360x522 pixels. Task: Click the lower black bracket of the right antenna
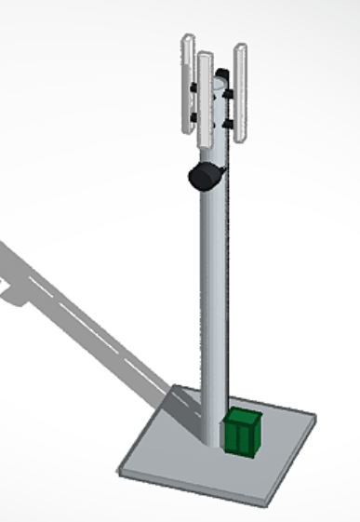click(x=229, y=123)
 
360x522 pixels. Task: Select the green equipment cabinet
click(x=242, y=433)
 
